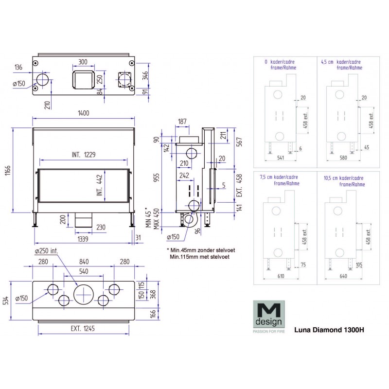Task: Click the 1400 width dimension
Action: tap(84, 113)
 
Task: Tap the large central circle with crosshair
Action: tap(84, 293)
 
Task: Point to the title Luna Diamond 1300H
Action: tap(329, 328)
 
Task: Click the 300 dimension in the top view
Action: tap(83, 62)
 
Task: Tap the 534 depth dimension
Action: tap(6, 301)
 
